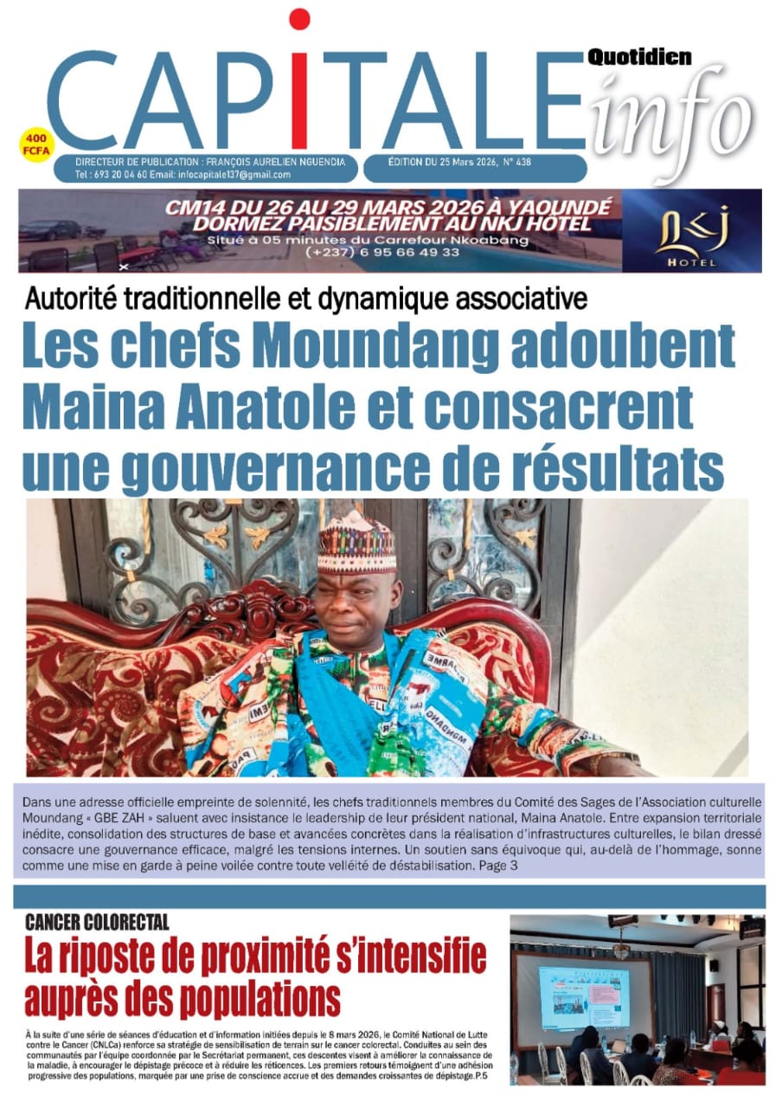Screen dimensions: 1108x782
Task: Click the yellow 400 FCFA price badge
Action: (x=39, y=144)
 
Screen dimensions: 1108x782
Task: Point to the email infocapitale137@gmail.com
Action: (x=234, y=175)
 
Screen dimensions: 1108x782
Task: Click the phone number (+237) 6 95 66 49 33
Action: (x=382, y=252)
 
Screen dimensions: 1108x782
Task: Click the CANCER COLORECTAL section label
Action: (x=97, y=921)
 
